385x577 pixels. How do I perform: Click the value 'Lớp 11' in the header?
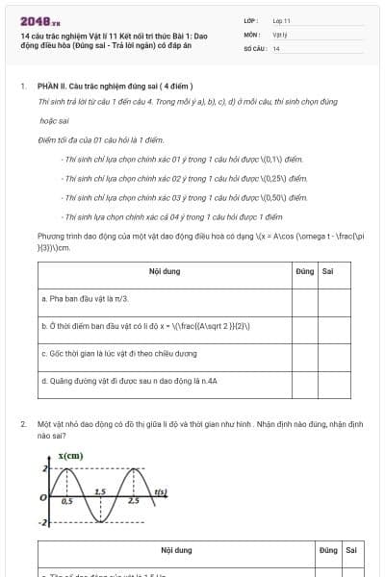pyautogui.click(x=281, y=20)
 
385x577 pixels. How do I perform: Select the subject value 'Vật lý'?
pyautogui.click(x=279, y=34)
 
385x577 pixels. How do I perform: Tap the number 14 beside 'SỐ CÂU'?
pyautogui.click(x=276, y=48)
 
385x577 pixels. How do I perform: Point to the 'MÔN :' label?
pyautogui.click(x=251, y=34)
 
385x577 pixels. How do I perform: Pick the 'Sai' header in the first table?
pyautogui.click(x=328, y=272)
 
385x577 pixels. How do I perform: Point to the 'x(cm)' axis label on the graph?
pyautogui.click(x=69, y=455)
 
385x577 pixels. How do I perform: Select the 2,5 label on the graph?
pyautogui.click(x=133, y=502)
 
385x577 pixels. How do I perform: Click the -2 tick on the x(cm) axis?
pyautogui.click(x=42, y=522)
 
